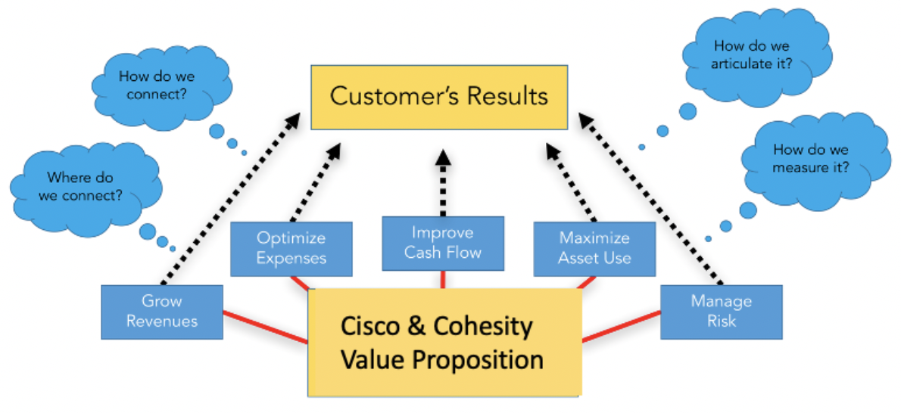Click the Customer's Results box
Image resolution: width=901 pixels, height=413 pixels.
(439, 97)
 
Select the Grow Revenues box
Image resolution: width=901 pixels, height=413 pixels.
(162, 312)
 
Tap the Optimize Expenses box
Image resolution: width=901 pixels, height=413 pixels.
(291, 249)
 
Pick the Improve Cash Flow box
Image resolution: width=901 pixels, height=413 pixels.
(443, 243)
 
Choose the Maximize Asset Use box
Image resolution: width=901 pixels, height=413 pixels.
(594, 249)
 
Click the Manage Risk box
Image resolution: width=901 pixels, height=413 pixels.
(721, 312)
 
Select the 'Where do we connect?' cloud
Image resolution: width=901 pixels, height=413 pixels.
(80, 187)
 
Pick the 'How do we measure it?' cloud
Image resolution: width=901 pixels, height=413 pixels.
(812, 159)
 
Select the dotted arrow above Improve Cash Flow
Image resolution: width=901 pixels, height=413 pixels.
(443, 182)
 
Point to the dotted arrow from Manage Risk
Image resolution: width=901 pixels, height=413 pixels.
(650, 198)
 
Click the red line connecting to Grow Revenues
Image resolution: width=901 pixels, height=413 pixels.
(266, 328)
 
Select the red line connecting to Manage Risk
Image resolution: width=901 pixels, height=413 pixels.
(621, 327)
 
